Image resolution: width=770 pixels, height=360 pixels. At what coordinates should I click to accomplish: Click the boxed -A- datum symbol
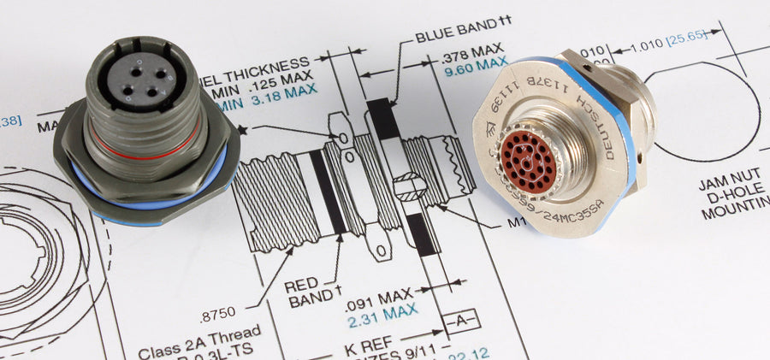pyautogui.click(x=459, y=322)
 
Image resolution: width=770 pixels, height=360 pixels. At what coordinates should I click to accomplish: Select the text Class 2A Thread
pyautogui.click(x=200, y=349)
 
